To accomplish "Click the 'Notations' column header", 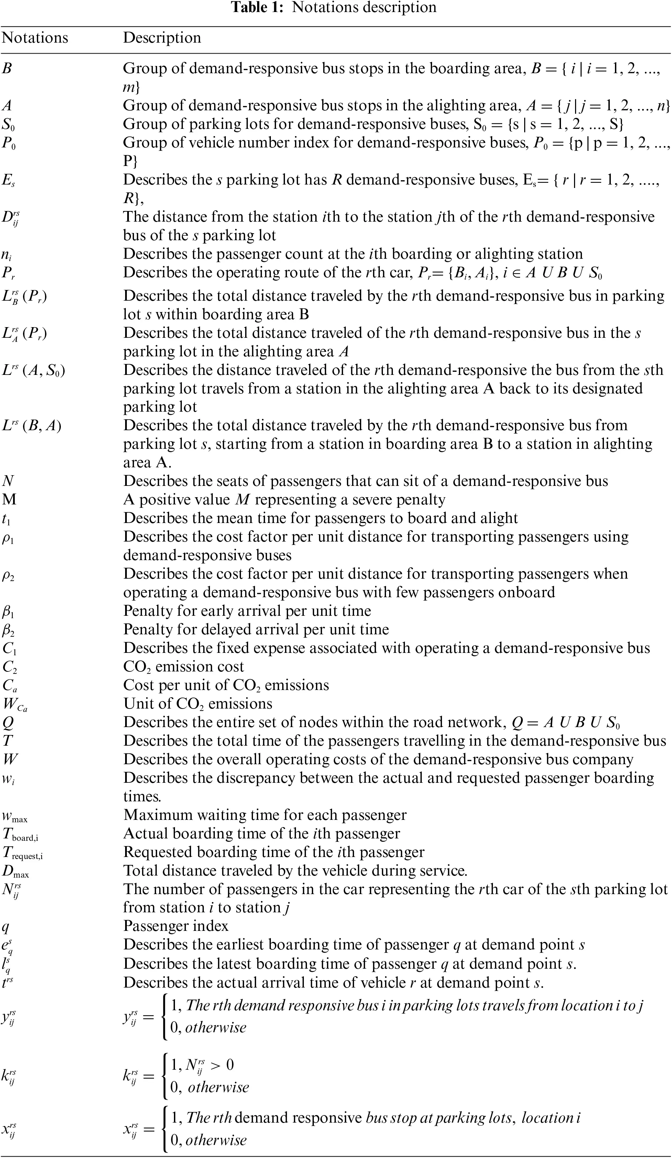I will coord(35,38).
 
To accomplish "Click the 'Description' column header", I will coord(162,38).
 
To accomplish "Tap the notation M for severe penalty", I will coord(9,500).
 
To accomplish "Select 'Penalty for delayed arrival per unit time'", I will coord(255,630).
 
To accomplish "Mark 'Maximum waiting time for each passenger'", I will coord(265,815).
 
